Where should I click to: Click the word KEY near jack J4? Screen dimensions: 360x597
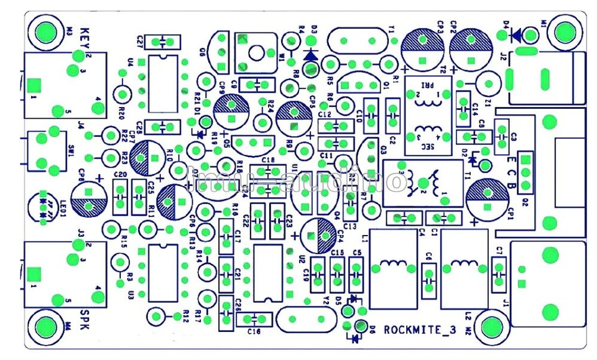pyautogui.click(x=86, y=35)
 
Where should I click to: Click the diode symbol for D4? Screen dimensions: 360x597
pyautogui.click(x=516, y=36)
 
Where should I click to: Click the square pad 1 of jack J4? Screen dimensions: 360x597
pyautogui.click(x=35, y=85)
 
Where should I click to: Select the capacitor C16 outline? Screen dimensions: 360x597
pyautogui.click(x=255, y=319)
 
